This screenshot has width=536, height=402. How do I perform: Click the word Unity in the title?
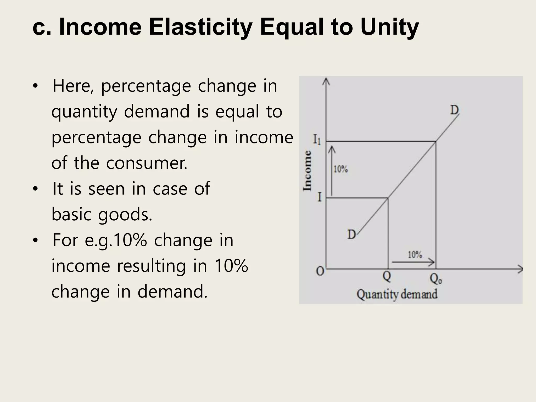coord(389,27)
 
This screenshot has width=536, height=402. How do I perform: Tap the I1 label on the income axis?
coord(317,140)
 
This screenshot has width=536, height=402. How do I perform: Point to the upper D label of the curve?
coord(454,110)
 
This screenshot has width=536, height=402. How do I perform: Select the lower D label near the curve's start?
coord(351,234)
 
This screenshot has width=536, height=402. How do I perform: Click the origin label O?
coord(320,271)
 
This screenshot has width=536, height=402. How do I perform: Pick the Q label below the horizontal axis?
coord(387,276)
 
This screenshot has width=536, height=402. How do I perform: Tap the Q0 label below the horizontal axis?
coord(436,280)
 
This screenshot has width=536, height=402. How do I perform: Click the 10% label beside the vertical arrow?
coord(340,169)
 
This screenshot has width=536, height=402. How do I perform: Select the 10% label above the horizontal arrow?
coord(415,254)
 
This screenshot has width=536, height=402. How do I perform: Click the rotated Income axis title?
coord(307,170)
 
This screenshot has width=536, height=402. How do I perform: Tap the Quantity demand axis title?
coord(397,294)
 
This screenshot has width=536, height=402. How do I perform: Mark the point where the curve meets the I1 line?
coord(435,142)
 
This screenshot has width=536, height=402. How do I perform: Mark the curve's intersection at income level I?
coord(388,198)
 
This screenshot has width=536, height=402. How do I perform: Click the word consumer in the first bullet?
coord(147,163)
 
